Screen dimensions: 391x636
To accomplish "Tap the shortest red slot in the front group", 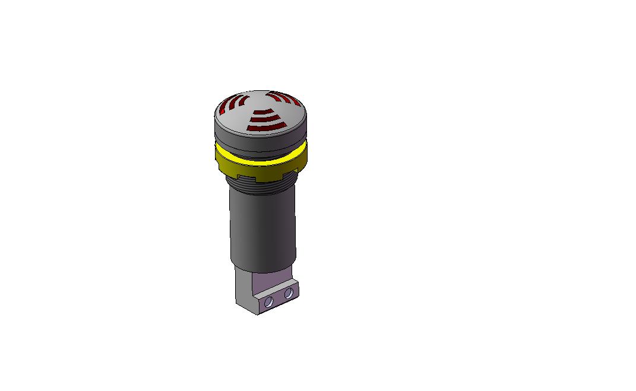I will pyautogui.click(x=262, y=111).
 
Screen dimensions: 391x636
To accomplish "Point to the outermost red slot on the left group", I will pyautogui.click(x=222, y=109).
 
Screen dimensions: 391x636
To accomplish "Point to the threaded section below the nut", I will pyautogui.click(x=261, y=185).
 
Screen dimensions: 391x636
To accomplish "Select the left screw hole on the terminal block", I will pyautogui.click(x=269, y=302).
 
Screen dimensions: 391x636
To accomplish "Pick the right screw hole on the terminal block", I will pyautogui.click(x=289, y=293).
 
